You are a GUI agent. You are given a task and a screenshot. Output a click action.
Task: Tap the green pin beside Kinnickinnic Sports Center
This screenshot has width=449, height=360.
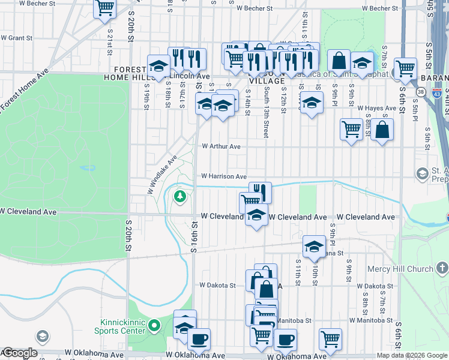click(x=154, y=326)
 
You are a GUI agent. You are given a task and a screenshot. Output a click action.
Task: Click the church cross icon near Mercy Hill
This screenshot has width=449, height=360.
click(x=441, y=268)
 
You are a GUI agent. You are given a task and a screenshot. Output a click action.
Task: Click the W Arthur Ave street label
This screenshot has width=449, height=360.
click(x=221, y=146)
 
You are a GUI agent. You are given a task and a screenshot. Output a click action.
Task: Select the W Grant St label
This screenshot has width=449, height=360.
click(x=16, y=37)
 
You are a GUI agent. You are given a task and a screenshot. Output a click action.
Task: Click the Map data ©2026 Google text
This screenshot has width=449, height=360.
click(x=411, y=355)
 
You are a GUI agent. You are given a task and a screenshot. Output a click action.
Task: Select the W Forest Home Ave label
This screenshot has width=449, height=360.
click(x=23, y=91)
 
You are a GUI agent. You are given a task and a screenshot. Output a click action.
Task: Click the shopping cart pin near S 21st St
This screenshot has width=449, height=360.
click(x=104, y=7)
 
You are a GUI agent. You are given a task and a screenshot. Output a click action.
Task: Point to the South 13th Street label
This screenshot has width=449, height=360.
click(x=266, y=118)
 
